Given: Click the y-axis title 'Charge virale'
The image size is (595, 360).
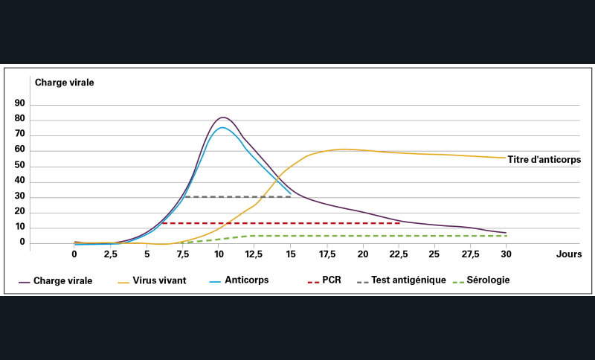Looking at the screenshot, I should tap(65, 83).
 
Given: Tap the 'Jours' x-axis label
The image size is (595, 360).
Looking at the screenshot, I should tap(568, 254).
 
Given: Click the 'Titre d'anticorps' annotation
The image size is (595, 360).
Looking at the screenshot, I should tap(544, 159).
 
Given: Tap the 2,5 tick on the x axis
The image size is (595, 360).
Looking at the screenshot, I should tap(110, 254).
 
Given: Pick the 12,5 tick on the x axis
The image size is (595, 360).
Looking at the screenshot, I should tap(254, 254).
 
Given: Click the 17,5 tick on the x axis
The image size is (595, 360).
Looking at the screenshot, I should tap(327, 254).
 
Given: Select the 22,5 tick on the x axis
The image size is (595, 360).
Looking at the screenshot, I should tap(399, 254).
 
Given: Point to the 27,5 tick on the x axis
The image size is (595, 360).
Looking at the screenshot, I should tap(471, 254).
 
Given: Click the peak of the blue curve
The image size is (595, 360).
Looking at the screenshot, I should tap(222, 127).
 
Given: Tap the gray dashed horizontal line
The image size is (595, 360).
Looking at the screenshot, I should tap(238, 196).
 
